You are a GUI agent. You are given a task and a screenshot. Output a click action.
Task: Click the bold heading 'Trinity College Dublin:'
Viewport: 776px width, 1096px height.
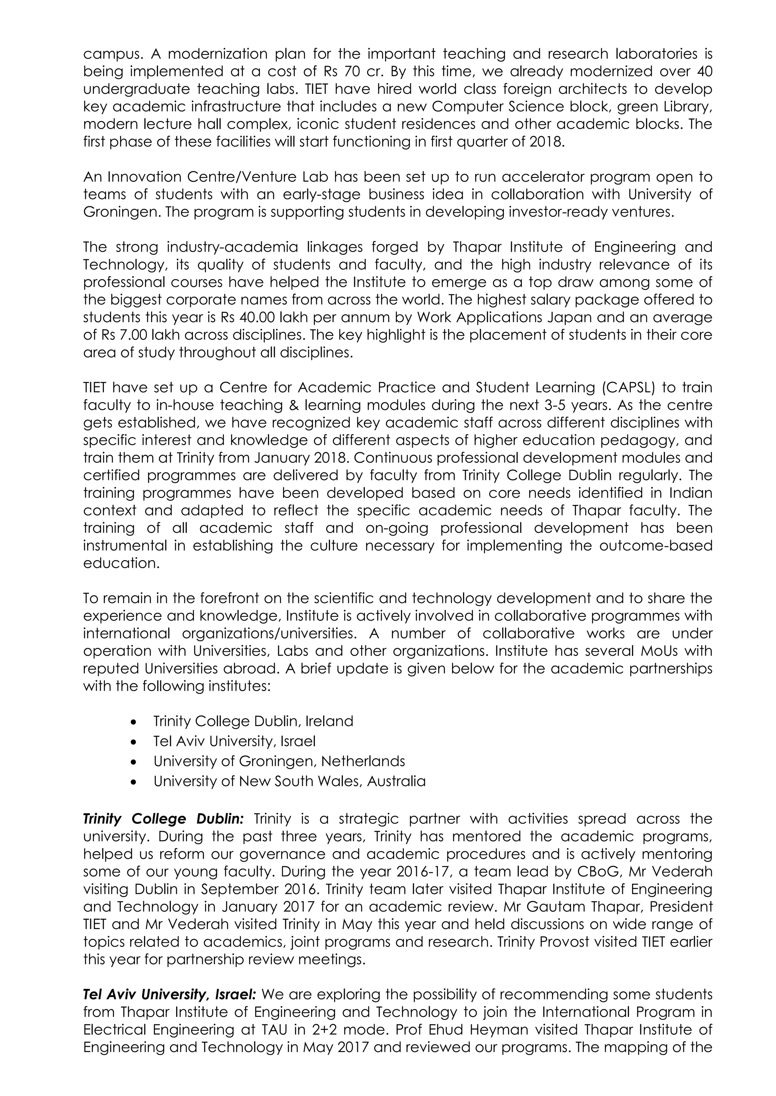(x=163, y=819)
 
